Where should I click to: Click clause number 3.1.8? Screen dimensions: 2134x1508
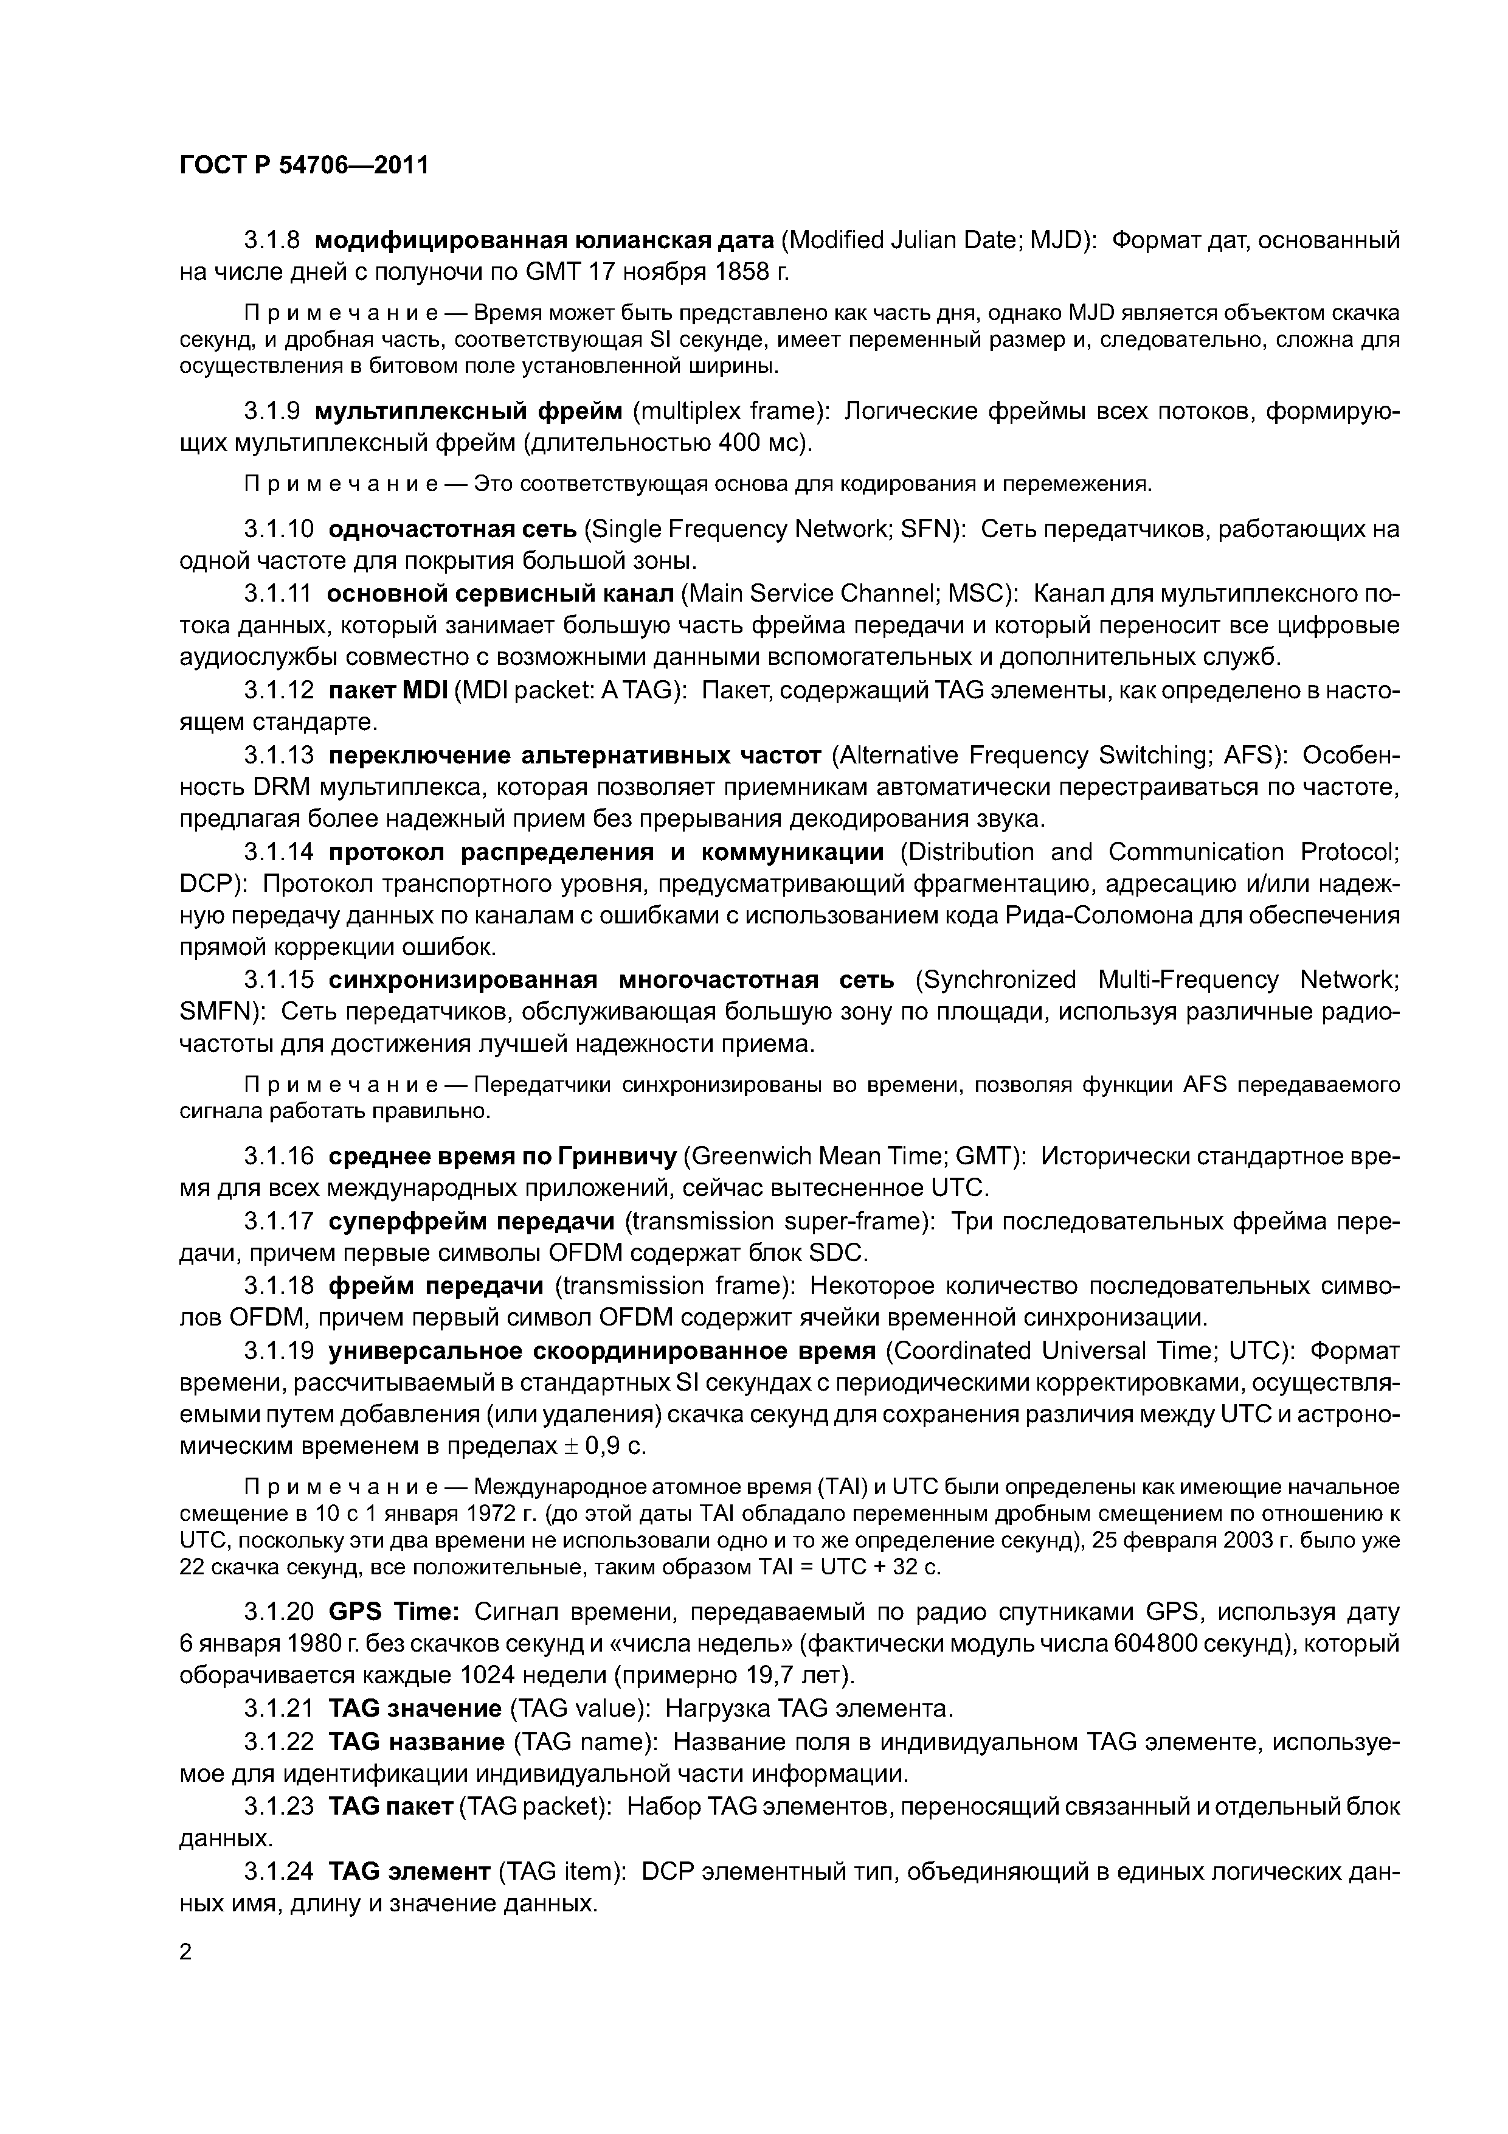coord(271,241)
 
